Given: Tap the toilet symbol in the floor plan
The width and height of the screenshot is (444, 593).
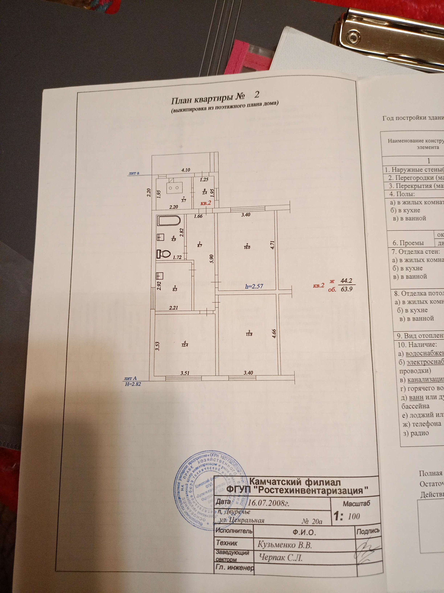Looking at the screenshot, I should click(163, 254).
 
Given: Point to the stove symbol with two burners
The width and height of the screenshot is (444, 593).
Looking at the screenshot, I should click(174, 188).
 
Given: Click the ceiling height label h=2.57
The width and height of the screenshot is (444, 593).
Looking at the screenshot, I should click(254, 286).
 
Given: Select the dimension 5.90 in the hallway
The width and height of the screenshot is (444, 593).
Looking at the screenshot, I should click(212, 259).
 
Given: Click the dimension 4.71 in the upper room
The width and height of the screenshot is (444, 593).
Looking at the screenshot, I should click(272, 245).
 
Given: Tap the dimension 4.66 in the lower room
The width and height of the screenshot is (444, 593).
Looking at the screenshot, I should click(274, 334).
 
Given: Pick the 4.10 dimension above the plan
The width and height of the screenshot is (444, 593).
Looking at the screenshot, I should click(185, 170).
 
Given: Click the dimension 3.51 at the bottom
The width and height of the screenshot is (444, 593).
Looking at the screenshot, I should click(185, 373).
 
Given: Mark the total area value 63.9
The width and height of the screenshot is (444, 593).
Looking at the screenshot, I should click(347, 289).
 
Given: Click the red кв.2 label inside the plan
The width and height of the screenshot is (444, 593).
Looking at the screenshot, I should click(206, 203).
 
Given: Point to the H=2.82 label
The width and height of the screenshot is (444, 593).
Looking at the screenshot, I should click(133, 384).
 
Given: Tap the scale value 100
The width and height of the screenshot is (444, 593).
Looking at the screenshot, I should click(354, 516).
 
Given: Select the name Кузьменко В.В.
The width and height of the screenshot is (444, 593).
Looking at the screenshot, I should click(284, 545).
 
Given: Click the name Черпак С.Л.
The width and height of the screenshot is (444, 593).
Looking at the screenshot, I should click(281, 558).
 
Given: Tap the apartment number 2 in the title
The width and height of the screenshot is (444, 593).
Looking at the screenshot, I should click(257, 94).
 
